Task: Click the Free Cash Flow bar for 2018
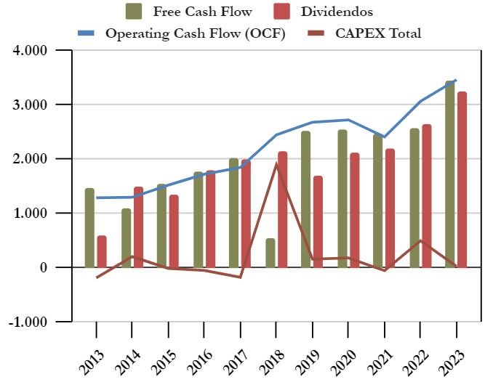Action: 270,253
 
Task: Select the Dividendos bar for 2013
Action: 102,251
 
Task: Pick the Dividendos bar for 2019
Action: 318,222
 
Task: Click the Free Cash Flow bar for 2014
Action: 126,237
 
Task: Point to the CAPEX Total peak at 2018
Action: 276,163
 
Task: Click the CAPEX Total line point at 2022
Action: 420,240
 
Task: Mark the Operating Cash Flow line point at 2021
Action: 384,137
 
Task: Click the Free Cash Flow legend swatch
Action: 134,11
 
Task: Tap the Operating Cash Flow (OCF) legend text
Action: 195,33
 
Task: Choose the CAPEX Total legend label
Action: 378,33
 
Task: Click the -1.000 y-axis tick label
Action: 27,322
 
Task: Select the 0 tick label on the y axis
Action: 41,267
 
